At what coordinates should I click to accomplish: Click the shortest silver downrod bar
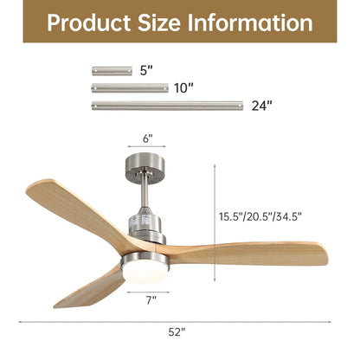[112, 71]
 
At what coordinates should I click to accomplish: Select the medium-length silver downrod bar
[130, 87]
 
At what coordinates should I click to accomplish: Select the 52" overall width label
[177, 331]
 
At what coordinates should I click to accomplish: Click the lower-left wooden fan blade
[87, 288]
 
